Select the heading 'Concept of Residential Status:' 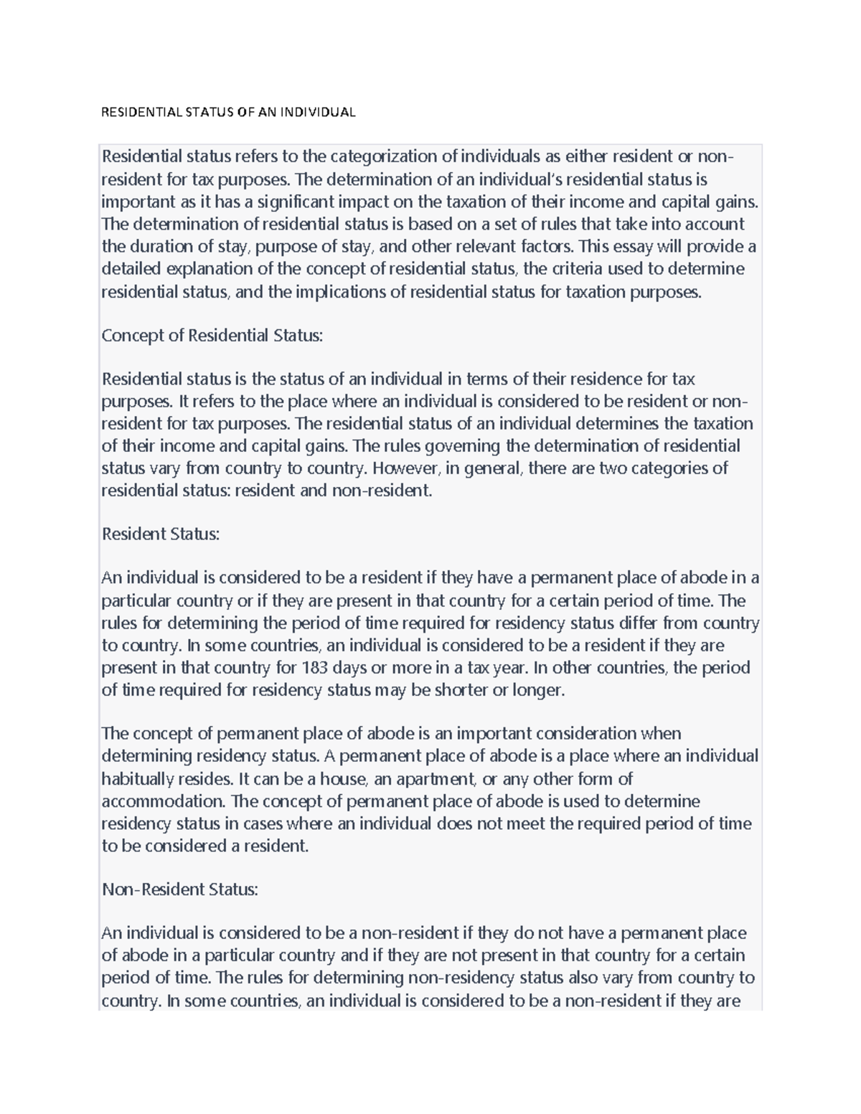(212, 335)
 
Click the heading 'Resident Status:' (161, 534)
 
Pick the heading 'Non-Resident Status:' (180, 889)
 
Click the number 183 (314, 668)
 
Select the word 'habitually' (138, 779)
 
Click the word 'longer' (539, 690)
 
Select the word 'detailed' (131, 269)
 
